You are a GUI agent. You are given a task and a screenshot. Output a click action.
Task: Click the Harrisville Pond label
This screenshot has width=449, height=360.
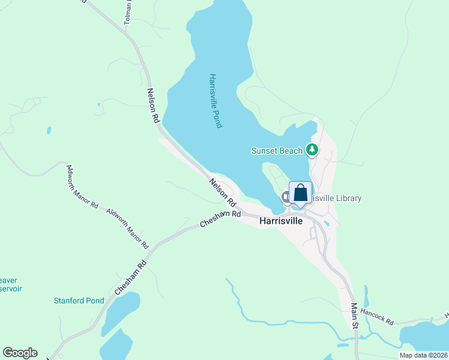click(216, 101)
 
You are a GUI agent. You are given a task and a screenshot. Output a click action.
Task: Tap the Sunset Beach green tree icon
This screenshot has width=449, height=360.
click(312, 149)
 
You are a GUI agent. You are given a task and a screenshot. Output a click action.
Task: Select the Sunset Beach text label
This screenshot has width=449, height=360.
click(277, 151)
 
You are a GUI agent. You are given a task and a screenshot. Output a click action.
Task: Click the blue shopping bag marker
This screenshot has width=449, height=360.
click(301, 194)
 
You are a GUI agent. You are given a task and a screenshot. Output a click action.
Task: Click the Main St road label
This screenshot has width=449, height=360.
click(354, 316)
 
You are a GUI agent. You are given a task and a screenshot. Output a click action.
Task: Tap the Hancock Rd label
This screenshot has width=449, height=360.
click(378, 322)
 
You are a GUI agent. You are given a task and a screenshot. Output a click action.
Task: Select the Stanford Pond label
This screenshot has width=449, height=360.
click(79, 301)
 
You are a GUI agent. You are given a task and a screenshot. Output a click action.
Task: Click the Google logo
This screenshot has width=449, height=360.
click(20, 353)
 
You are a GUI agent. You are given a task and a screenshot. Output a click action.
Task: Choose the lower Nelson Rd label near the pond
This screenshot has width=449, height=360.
click(221, 189)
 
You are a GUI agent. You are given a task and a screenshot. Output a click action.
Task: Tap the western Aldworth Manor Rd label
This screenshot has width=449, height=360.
click(82, 187)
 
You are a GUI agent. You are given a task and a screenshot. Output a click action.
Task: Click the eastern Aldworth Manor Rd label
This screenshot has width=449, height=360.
click(127, 229)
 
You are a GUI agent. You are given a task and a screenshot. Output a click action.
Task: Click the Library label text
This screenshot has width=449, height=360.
click(336, 198)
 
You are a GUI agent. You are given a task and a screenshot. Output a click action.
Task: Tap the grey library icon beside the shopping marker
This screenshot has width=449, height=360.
click(286, 196)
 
